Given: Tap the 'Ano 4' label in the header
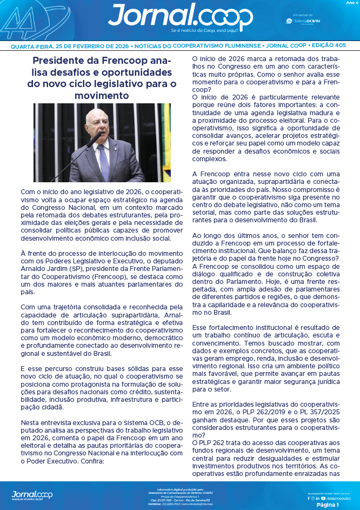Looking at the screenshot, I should (350, 3).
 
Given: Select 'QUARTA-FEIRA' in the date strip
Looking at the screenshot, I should (32, 47).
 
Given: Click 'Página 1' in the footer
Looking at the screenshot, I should (327, 504).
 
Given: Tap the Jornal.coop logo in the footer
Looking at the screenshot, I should (32, 494).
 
